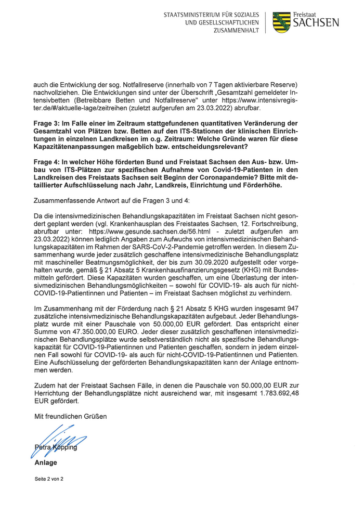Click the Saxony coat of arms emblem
pos(281,22)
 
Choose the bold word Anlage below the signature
pos(46,463)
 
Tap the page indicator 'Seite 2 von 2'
pos(49,480)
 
